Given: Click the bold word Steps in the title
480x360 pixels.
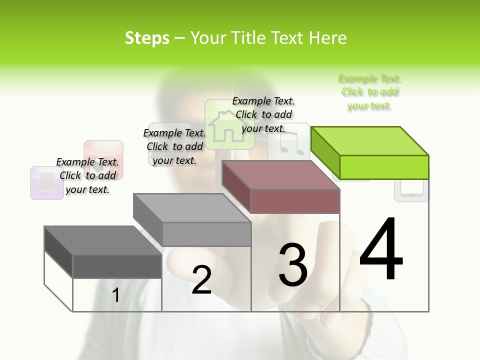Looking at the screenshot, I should click(147, 38).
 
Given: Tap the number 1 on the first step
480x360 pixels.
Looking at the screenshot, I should click(116, 295).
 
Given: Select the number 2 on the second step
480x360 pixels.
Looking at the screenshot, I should click(201, 280).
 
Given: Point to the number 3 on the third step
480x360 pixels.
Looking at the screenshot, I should click(292, 265).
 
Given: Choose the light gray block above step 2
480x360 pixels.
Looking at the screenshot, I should click(192, 219).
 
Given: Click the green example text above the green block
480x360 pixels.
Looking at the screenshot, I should click(369, 92).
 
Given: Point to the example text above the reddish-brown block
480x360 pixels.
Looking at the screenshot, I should click(263, 114).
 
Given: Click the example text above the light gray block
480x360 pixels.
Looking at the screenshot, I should click(174, 146).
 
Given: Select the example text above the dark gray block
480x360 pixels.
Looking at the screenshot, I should click(87, 175).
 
